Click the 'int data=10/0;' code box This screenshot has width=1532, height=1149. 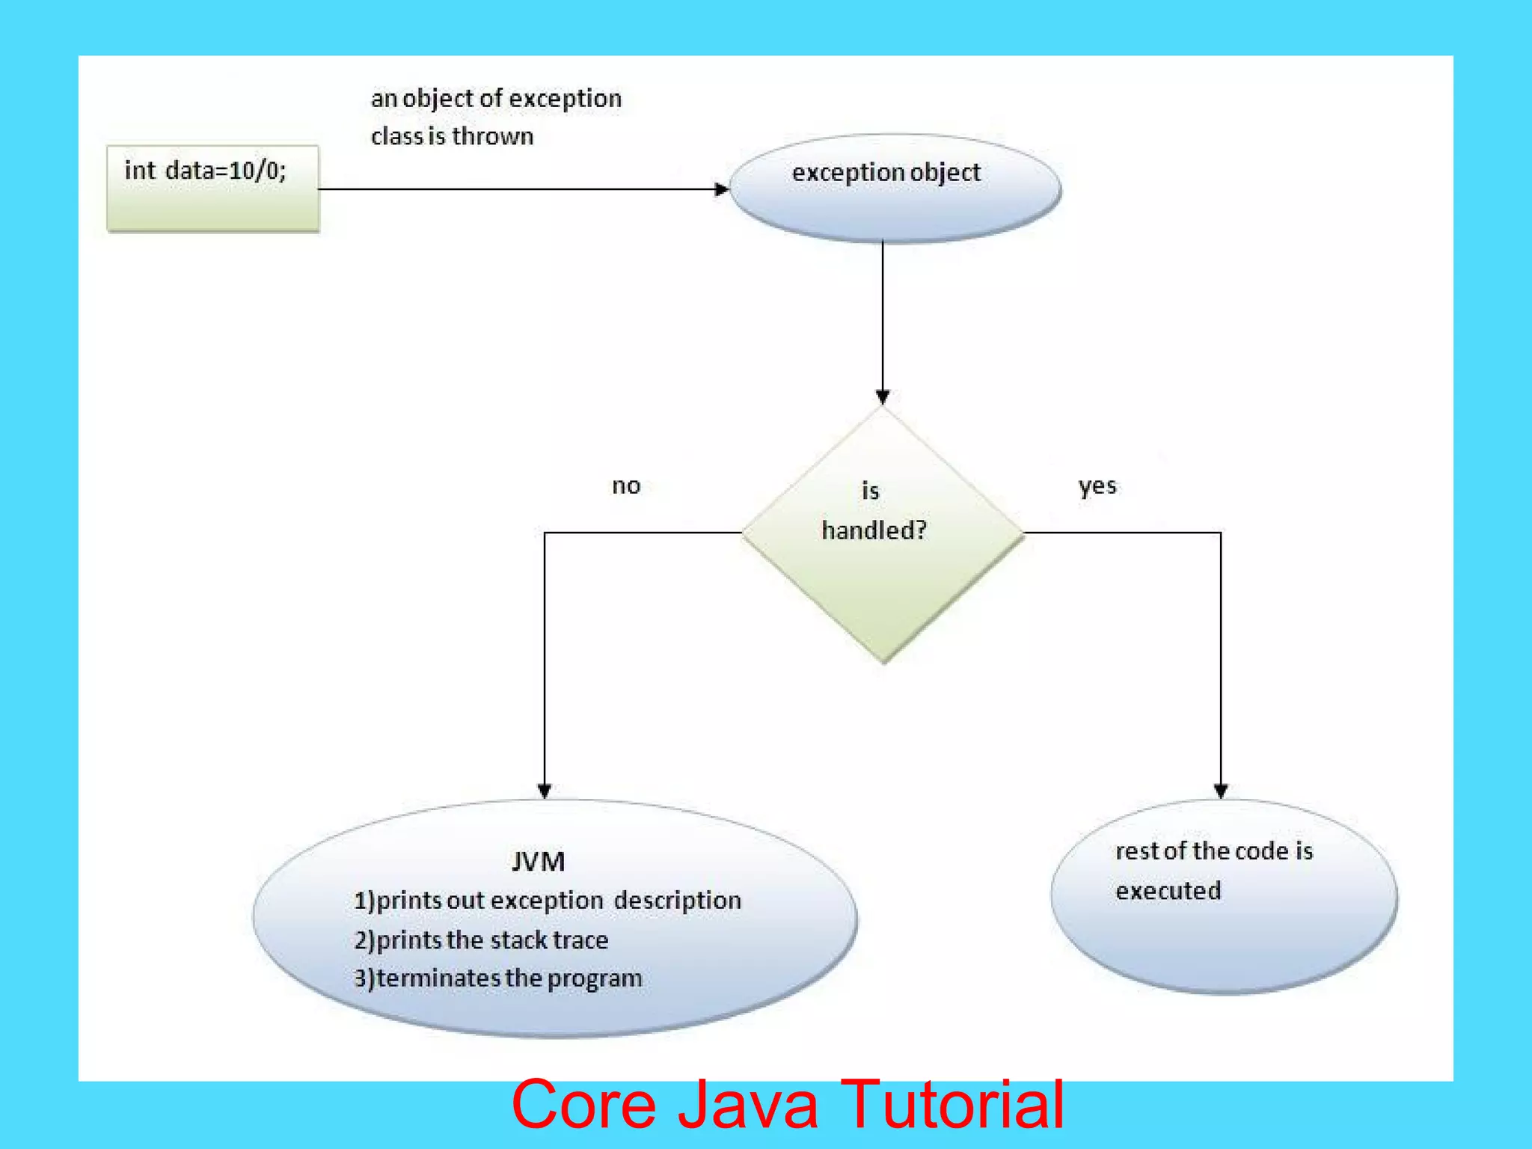click(212, 188)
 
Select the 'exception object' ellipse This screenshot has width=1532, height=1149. click(895, 188)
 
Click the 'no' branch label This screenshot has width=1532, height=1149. click(626, 486)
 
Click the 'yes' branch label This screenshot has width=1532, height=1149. click(1097, 486)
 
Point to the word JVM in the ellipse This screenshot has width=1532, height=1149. click(538, 862)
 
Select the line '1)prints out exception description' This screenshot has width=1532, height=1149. click(547, 900)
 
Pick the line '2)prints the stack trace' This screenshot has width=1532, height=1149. click(481, 940)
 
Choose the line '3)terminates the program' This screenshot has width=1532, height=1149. click(498, 978)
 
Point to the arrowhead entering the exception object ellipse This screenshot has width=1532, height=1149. click(721, 189)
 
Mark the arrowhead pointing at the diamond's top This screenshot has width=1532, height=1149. click(883, 396)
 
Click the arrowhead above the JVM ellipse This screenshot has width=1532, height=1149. click(545, 791)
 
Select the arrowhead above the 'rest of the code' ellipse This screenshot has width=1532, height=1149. click(1221, 791)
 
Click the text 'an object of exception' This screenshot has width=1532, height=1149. click(496, 99)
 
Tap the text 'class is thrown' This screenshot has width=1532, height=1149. click(452, 136)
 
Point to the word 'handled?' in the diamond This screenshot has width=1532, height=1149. click(874, 530)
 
